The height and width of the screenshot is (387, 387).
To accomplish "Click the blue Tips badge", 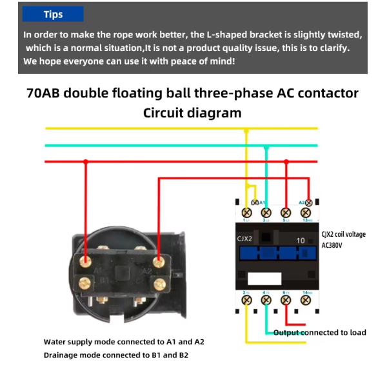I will (x=53, y=14).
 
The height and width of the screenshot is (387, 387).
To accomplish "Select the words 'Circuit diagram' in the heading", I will (x=192, y=113).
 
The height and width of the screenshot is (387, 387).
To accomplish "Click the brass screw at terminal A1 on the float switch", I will (x=85, y=260).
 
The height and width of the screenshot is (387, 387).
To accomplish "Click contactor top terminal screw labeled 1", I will (x=246, y=212).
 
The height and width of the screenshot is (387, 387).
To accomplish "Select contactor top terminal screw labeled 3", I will (x=266, y=212).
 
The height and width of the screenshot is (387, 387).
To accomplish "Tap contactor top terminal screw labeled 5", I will (x=286, y=212).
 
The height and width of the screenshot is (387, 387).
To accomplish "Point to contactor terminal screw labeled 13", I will (x=308, y=212).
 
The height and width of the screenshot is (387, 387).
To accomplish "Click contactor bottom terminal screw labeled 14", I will (x=308, y=300).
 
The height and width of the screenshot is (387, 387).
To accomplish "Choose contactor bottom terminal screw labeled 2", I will (x=246, y=300).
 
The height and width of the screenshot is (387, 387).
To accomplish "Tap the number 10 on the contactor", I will (x=301, y=240).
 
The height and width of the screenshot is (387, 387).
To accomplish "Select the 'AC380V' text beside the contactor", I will (x=333, y=246).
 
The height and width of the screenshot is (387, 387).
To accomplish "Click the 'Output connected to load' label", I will (x=320, y=333).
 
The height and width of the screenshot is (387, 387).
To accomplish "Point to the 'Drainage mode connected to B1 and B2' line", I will (x=116, y=355).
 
